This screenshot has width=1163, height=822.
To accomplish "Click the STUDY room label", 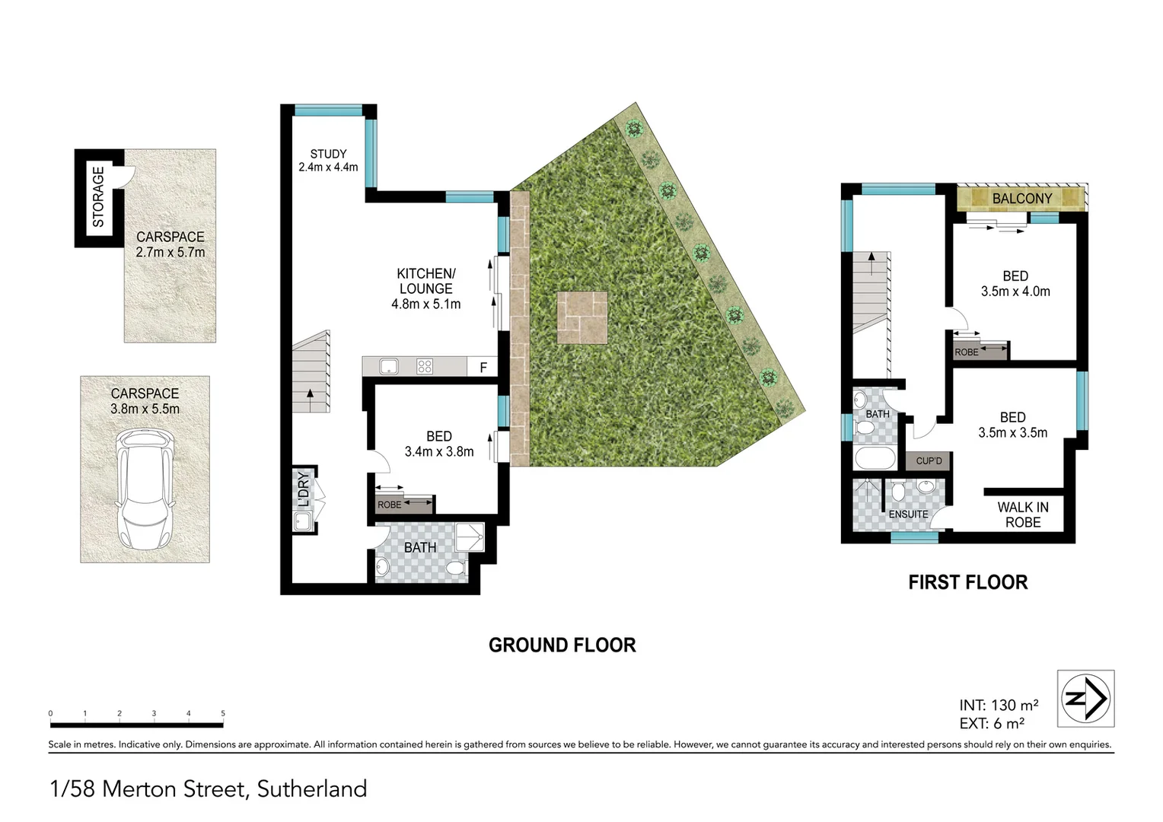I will pos(328,154).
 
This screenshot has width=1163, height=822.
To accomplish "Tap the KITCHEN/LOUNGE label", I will pos(425,281).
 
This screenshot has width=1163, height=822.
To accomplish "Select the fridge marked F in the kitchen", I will pos(483,368).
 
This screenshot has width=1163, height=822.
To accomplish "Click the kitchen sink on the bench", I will pos(388,367).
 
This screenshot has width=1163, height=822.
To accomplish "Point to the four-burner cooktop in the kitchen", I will pos(425,367).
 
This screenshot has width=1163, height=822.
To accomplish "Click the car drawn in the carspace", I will pos(145,489).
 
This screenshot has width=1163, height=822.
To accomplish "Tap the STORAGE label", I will pos(98,196).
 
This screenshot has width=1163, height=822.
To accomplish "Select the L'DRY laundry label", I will pos(303,489).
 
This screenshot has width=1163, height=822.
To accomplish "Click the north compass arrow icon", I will pos(1085,698).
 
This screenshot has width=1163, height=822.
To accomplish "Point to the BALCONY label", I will pos(1021,199).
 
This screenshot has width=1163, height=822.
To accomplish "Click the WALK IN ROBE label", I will pos(1022,515).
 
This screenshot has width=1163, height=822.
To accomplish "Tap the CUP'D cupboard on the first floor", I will pos(929,461).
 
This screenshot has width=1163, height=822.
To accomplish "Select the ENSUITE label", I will pos(908,515).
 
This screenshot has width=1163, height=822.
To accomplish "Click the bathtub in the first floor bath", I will pos(876,458).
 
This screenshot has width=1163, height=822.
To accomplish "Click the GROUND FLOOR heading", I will pos(562,645).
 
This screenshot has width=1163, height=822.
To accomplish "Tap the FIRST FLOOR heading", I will pos(967,583).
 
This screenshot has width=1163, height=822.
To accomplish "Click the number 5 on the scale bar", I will pos(223,714).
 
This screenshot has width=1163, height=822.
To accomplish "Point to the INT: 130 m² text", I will pos(998,705).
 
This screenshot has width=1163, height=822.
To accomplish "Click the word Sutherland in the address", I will pos(312,789).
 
